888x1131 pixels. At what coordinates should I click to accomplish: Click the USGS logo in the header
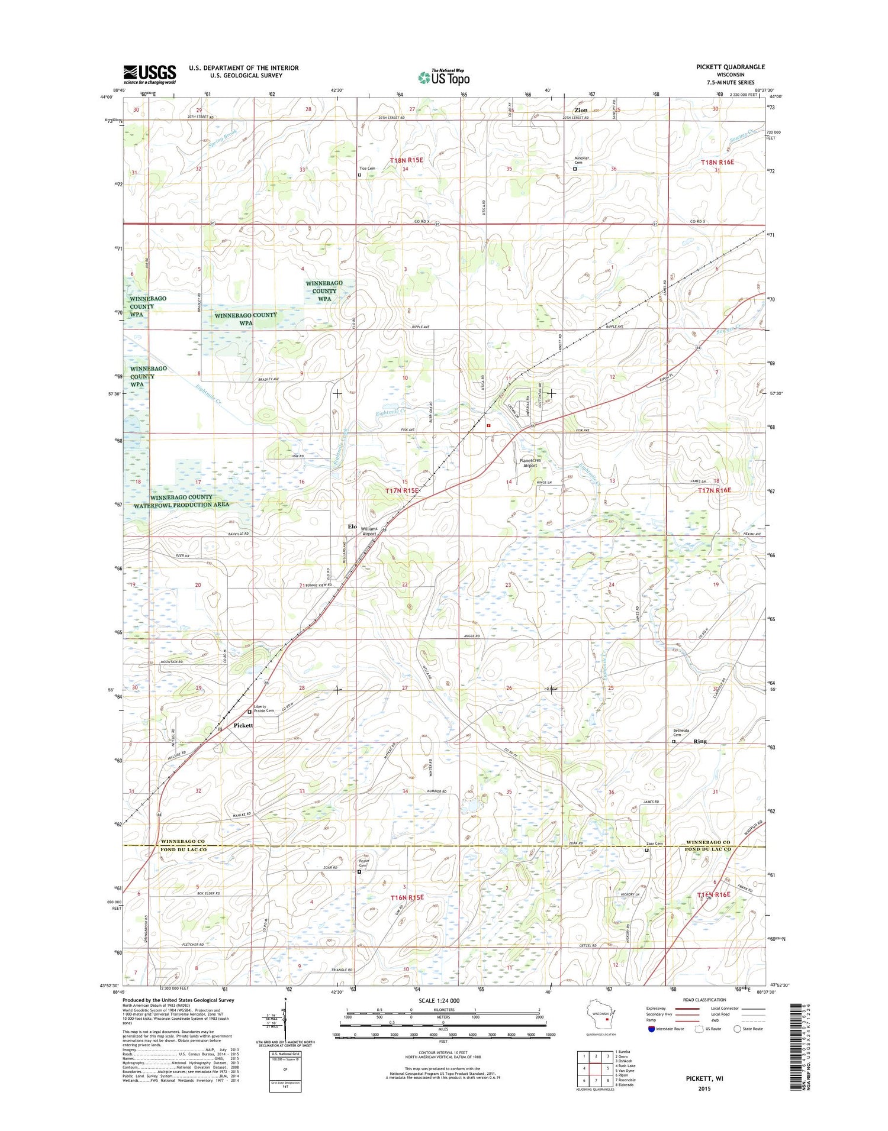(x=150, y=74)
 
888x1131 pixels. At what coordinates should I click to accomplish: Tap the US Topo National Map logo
(x=444, y=77)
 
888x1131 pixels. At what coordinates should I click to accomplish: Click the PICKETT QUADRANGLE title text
(x=730, y=67)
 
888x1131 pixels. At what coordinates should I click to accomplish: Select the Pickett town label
(x=243, y=725)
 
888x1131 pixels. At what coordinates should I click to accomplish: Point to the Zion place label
(x=581, y=111)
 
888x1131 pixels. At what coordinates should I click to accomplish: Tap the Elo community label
(x=352, y=526)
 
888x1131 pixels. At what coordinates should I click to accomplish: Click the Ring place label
(x=700, y=741)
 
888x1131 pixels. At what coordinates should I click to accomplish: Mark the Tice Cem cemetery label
(x=367, y=169)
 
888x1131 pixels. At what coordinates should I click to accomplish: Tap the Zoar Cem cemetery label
(x=654, y=844)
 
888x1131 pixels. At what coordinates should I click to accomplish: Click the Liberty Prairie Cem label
(x=264, y=709)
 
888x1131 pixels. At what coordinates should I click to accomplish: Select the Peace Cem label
(x=363, y=863)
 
